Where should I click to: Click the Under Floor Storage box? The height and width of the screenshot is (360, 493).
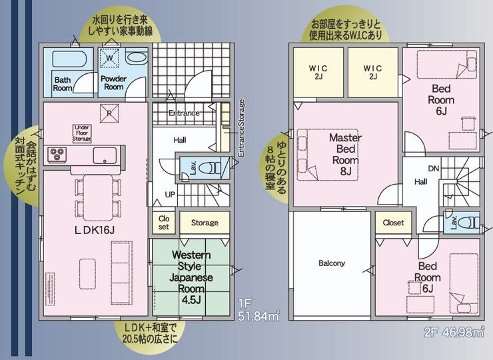[83, 134]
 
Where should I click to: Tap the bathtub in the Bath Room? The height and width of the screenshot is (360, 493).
[69, 59]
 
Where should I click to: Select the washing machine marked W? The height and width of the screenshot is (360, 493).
[110, 58]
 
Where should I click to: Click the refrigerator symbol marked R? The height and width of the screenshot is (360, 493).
[109, 113]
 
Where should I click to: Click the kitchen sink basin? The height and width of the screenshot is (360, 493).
[105, 155]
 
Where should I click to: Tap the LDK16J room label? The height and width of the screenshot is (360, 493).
[95, 231]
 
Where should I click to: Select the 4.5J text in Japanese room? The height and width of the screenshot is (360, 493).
[191, 299]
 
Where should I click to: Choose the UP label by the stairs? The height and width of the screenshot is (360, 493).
[170, 195]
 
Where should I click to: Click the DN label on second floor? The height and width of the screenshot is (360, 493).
[434, 169]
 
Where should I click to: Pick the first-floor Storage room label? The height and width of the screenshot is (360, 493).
[205, 223]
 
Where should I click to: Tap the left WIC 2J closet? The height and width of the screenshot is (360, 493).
[318, 73]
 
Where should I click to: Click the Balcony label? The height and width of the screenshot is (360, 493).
[332, 263]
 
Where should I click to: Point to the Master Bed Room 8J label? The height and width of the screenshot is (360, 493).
[345, 154]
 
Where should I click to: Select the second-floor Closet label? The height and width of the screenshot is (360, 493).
[393, 223]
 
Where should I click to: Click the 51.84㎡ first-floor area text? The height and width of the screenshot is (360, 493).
[258, 315]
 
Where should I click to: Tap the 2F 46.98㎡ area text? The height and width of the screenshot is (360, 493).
[454, 332]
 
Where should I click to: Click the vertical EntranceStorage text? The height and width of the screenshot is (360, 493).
[241, 128]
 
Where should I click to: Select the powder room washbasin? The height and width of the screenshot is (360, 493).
[136, 57]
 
